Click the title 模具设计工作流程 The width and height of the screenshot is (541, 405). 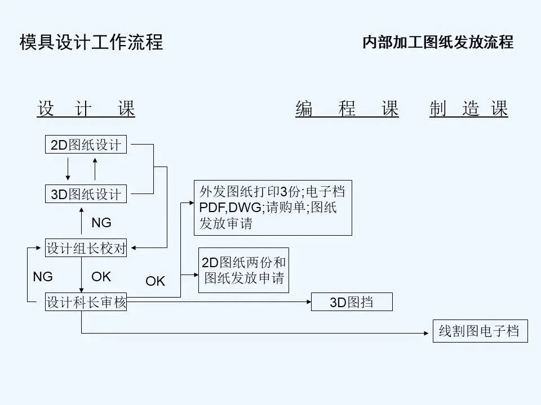(91, 42)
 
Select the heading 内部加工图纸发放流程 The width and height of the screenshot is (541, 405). (437, 42)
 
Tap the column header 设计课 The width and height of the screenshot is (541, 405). (86, 109)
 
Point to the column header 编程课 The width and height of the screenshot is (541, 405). (347, 109)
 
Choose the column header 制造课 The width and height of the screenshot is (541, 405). (468, 109)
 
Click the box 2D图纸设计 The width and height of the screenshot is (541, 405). (86, 145)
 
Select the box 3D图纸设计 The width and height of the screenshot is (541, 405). (86, 194)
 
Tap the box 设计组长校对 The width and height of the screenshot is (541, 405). (86, 247)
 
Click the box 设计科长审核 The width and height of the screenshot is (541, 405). (86, 303)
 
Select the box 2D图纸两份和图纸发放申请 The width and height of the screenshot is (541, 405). (243, 270)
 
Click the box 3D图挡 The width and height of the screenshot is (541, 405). (352, 303)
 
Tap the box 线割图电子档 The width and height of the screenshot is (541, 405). (480, 331)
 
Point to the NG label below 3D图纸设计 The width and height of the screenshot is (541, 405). (101, 223)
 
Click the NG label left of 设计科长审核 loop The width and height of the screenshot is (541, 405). (43, 277)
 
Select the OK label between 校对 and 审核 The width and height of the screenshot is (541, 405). (101, 277)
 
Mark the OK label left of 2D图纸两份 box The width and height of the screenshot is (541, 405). (156, 281)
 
